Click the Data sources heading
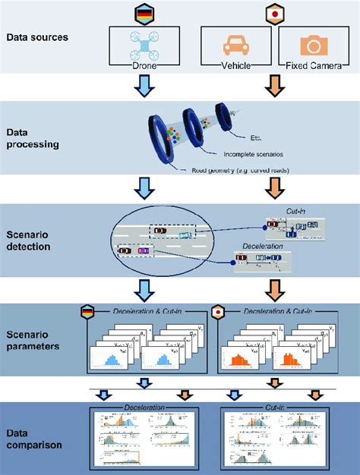click(x=38, y=36)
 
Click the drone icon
click(x=144, y=45)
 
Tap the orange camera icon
click(x=312, y=46)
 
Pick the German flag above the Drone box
click(x=144, y=14)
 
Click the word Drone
click(x=144, y=66)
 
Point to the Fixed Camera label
click(x=312, y=66)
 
